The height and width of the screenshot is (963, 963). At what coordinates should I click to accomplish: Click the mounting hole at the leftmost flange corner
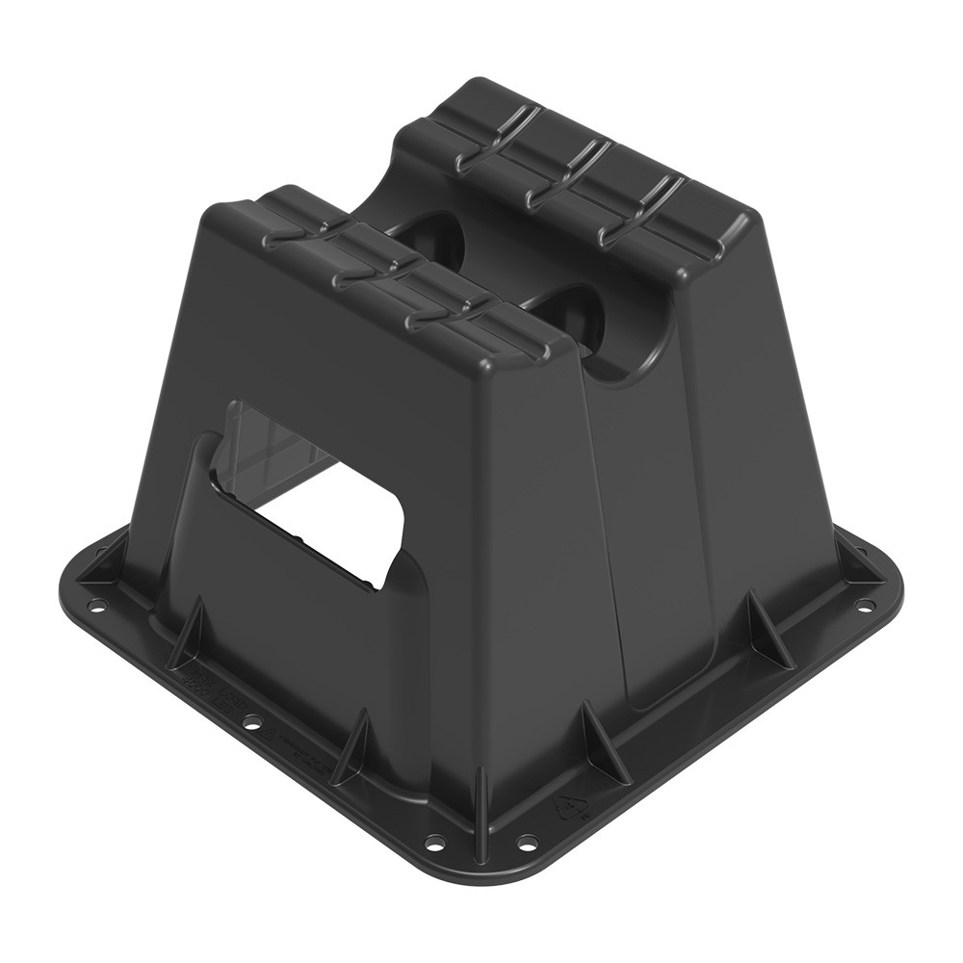click(96, 607)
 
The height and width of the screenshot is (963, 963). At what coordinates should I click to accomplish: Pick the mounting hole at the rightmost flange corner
click(864, 605)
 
